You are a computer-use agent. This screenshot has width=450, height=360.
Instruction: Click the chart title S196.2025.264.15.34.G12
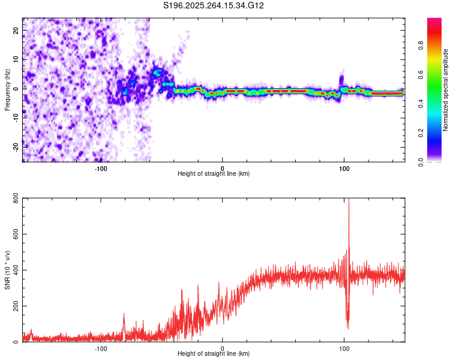[x=214, y=6]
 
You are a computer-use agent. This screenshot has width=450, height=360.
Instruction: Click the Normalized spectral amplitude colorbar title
[x=446, y=90]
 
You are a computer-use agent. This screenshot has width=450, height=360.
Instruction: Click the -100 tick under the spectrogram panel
[x=100, y=168]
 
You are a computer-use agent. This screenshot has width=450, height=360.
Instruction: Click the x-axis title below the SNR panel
[x=214, y=355]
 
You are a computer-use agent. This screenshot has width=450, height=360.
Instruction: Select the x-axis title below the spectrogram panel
[x=214, y=174]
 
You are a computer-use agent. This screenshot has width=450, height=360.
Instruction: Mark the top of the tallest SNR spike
[x=349, y=200]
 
